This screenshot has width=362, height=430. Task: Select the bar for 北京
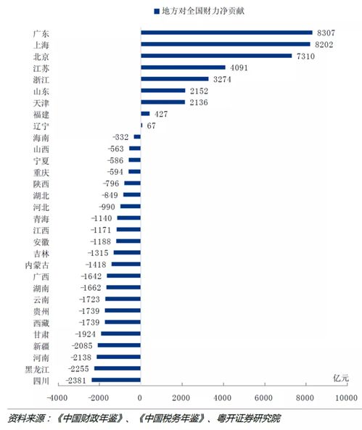pos(216,56)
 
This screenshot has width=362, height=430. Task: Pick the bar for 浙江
pos(174,79)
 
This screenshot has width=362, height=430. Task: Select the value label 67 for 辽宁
pos(151,125)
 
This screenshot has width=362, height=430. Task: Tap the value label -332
pos(120,137)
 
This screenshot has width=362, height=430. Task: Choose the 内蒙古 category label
pos(36,265)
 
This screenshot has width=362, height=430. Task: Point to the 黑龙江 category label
pos(36,369)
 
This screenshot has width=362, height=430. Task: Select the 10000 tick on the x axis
pos(346,398)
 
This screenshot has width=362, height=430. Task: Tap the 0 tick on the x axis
pos(140,398)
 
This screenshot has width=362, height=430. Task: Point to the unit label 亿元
pos(341,379)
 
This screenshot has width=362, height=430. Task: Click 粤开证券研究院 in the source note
pos(247,418)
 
